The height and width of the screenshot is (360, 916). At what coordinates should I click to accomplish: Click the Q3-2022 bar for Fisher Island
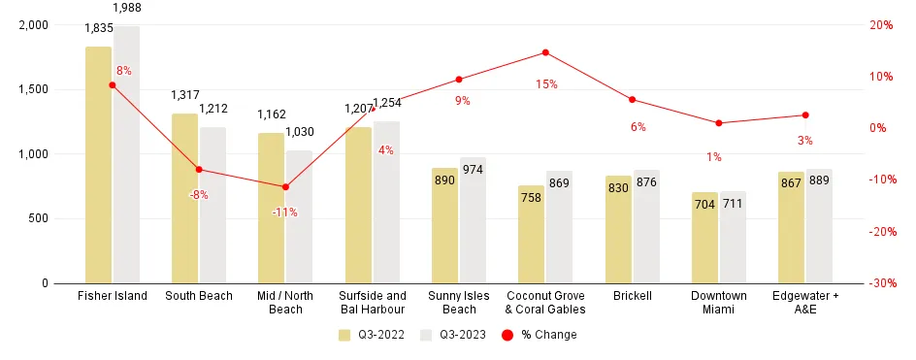[98, 165]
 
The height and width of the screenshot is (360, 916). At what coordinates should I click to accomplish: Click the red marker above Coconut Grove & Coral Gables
[545, 52]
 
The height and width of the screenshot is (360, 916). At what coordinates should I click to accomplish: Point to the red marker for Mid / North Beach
[285, 186]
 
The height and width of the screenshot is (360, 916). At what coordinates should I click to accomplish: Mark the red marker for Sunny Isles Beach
[459, 80]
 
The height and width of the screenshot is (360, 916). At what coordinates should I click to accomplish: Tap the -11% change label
[285, 212]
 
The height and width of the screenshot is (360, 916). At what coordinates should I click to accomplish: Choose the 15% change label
[546, 84]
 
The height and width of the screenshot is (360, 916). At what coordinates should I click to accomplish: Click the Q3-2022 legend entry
[372, 335]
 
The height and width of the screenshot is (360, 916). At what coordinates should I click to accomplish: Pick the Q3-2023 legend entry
[453, 335]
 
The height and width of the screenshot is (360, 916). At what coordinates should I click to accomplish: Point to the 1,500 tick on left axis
[36, 89]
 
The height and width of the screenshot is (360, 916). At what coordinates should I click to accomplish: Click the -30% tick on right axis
[882, 283]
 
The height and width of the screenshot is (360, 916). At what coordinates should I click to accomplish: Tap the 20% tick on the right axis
[880, 25]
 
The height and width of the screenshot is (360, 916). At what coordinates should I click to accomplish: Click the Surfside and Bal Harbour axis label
[373, 303]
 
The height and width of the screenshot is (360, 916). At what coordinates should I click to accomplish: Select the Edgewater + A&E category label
[805, 303]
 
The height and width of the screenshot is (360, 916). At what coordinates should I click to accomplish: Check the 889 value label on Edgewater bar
[819, 181]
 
